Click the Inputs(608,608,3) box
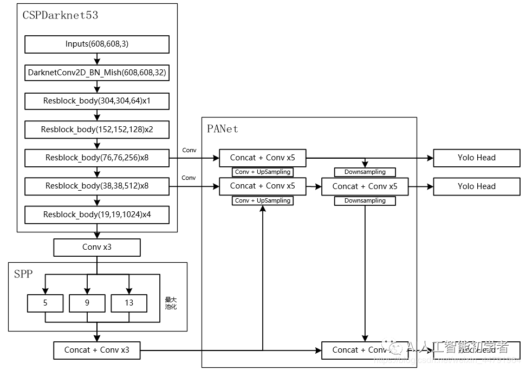click(97, 44)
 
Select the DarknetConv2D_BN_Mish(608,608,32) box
click(97, 72)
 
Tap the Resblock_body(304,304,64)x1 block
click(97, 101)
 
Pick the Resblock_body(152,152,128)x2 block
click(97, 129)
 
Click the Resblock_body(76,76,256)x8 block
click(97, 158)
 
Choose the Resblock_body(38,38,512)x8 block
click(97, 186)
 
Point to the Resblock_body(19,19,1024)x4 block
click(97, 215)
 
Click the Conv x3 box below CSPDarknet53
click(97, 247)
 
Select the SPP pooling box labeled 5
click(45, 303)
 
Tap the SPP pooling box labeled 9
click(87, 303)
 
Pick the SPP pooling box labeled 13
click(129, 303)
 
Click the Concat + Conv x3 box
click(97, 350)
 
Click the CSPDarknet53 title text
click(60, 15)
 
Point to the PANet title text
click(222, 129)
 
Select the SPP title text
click(23, 274)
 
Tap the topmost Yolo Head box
click(477, 158)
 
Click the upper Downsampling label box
click(365, 172)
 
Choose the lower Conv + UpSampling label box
click(262, 200)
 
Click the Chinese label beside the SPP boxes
click(171, 303)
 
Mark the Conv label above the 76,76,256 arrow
click(189, 150)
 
